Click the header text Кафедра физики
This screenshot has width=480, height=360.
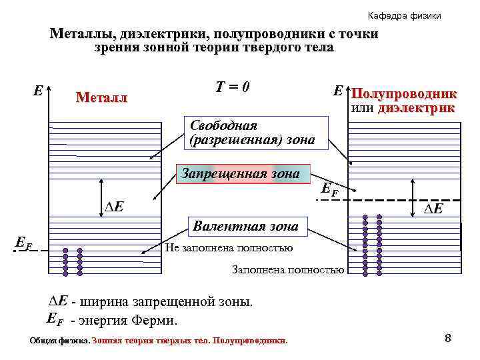(404, 15)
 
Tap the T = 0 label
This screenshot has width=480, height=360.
(233, 87)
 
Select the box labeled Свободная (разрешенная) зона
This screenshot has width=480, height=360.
(255, 133)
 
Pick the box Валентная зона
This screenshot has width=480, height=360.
(245, 227)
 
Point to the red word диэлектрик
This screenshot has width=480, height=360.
(417, 107)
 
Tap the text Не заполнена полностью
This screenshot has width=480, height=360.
(229, 248)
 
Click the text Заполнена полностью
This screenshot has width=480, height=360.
(287, 270)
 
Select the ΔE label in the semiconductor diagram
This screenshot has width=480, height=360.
(434, 209)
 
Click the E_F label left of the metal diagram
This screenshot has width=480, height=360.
(23, 245)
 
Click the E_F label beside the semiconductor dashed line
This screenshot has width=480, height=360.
(329, 189)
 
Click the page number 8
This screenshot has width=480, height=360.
(448, 339)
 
